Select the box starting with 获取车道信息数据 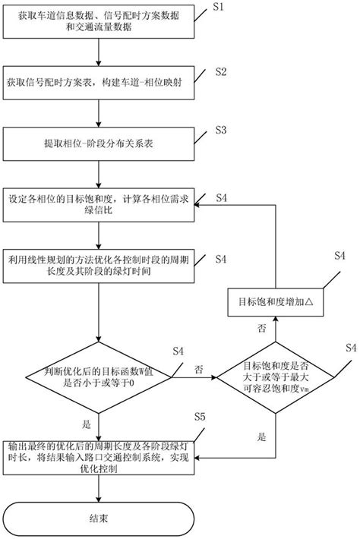(98, 28)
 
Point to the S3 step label (221, 130)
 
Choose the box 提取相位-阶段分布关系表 (98, 141)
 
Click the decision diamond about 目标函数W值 (98, 377)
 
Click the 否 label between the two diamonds (198, 370)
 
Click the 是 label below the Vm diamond (263, 437)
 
